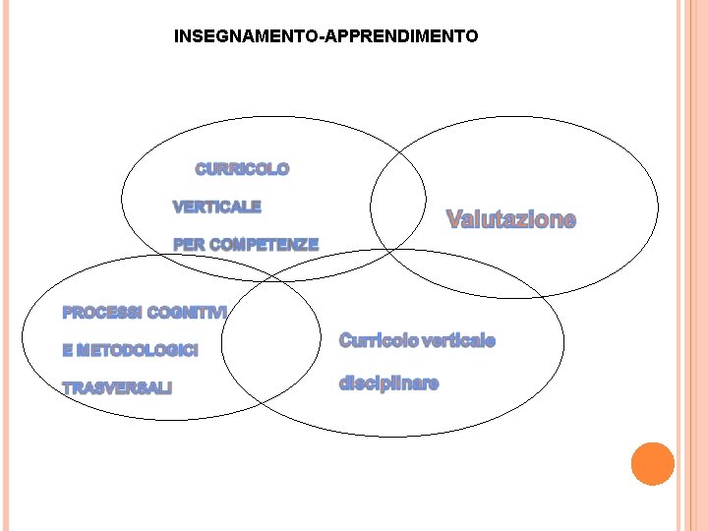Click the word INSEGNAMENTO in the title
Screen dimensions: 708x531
pos(246,37)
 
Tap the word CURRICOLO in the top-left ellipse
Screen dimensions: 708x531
pos(243,169)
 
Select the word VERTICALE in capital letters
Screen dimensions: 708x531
pos(217,207)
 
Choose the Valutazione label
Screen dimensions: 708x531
pos(511,219)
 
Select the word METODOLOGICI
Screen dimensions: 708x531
pos(137,351)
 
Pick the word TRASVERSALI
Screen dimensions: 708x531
pos(116,388)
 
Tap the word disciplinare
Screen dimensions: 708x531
pos(388,383)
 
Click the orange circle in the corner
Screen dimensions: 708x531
pos(652,464)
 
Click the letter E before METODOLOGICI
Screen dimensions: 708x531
pos(67,351)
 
